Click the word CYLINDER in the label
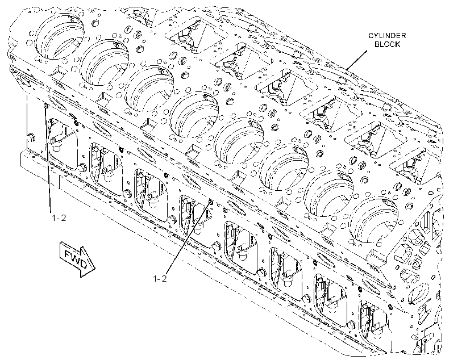(x=387, y=36)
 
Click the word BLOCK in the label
(x=387, y=44)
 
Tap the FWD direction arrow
(x=77, y=258)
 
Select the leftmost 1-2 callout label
(x=59, y=217)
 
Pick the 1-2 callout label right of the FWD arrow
(x=160, y=278)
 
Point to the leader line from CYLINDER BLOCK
(x=356, y=60)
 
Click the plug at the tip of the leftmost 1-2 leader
(x=45, y=106)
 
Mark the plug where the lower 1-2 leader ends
(x=210, y=202)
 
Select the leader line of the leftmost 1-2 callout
(x=48, y=159)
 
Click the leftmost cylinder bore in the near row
(x=60, y=36)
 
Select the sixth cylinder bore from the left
(x=284, y=168)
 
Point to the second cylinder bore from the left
(x=105, y=62)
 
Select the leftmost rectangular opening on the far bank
(x=196, y=36)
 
